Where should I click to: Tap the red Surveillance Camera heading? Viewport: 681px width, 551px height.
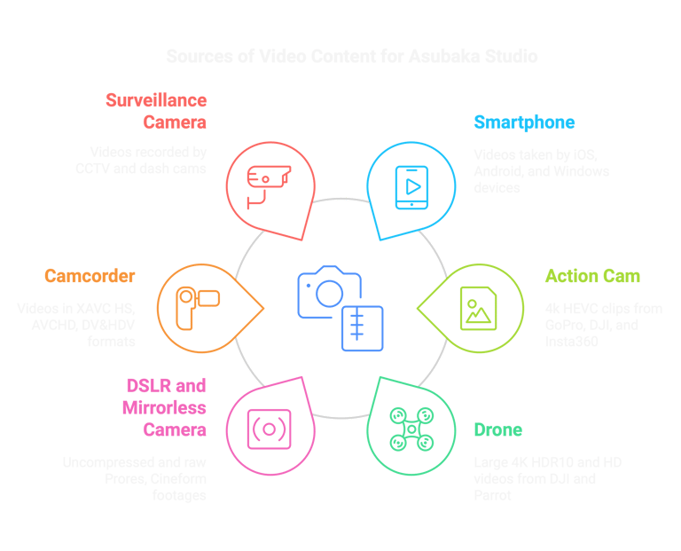(156, 110)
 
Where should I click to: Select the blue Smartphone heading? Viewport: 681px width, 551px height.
(523, 122)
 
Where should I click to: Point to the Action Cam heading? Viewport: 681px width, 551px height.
(591, 276)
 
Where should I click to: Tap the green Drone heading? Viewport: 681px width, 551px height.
(497, 430)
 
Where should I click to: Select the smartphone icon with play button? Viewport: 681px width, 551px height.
(411, 186)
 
